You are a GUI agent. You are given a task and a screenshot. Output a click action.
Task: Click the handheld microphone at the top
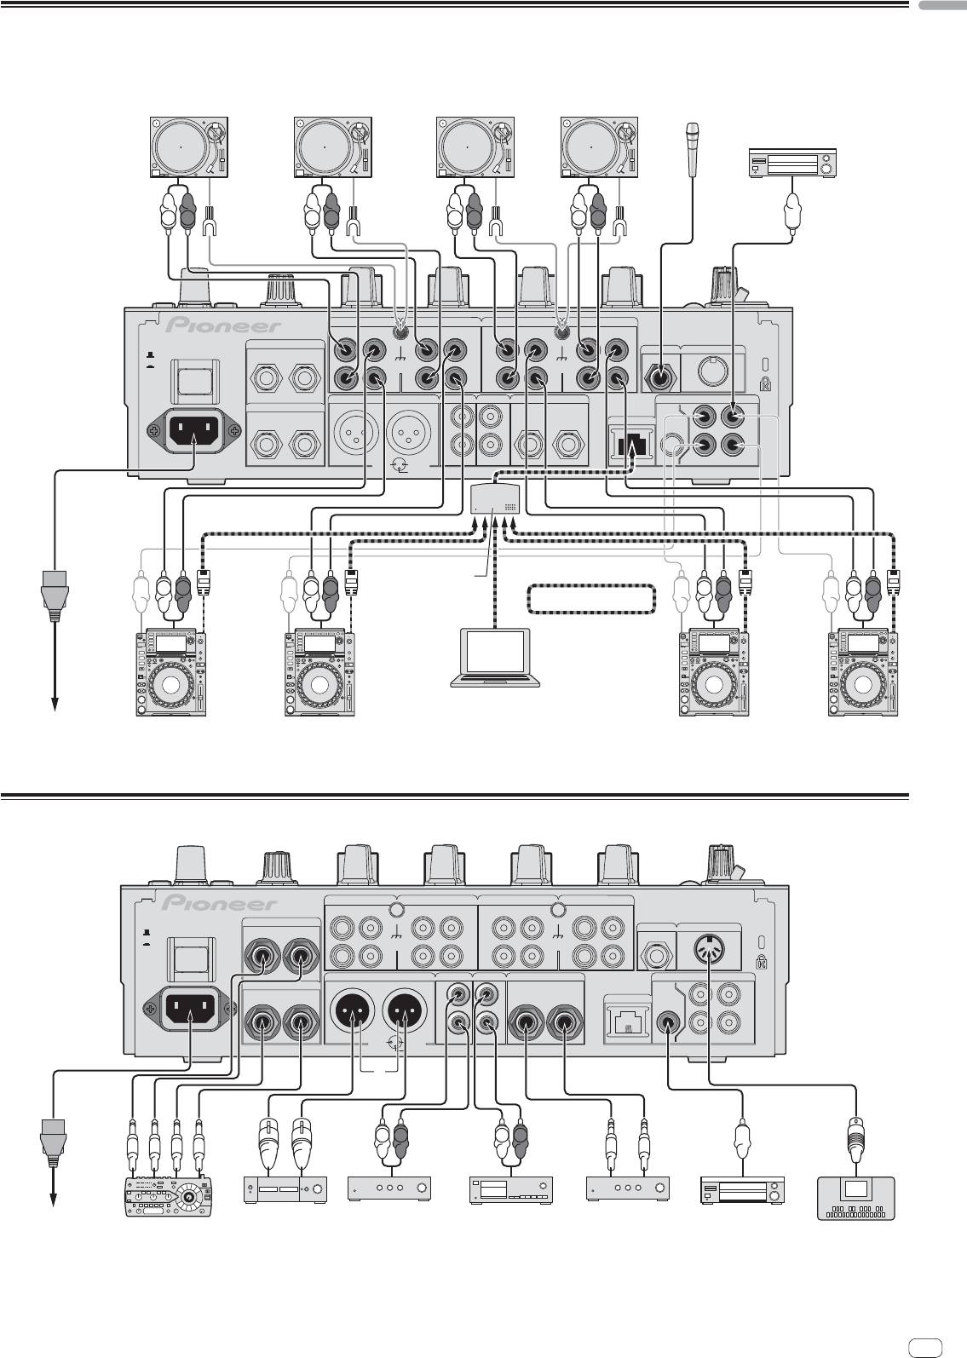pos(692,150)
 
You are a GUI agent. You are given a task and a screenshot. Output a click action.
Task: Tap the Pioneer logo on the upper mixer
pos(224,326)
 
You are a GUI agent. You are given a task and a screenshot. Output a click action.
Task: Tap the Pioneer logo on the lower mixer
pos(221,903)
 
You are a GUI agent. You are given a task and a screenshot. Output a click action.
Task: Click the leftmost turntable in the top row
pos(187,147)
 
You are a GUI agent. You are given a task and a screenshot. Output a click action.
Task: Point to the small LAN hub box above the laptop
pos(495,498)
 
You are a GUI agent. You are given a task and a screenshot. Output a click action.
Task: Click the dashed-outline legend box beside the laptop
pos(591,600)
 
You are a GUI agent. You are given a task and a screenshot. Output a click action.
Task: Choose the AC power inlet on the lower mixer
pos(188,1010)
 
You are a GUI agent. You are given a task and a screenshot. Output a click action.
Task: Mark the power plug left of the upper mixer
pos(54,596)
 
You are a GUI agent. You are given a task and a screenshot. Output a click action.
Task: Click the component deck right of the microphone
pos(792,163)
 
